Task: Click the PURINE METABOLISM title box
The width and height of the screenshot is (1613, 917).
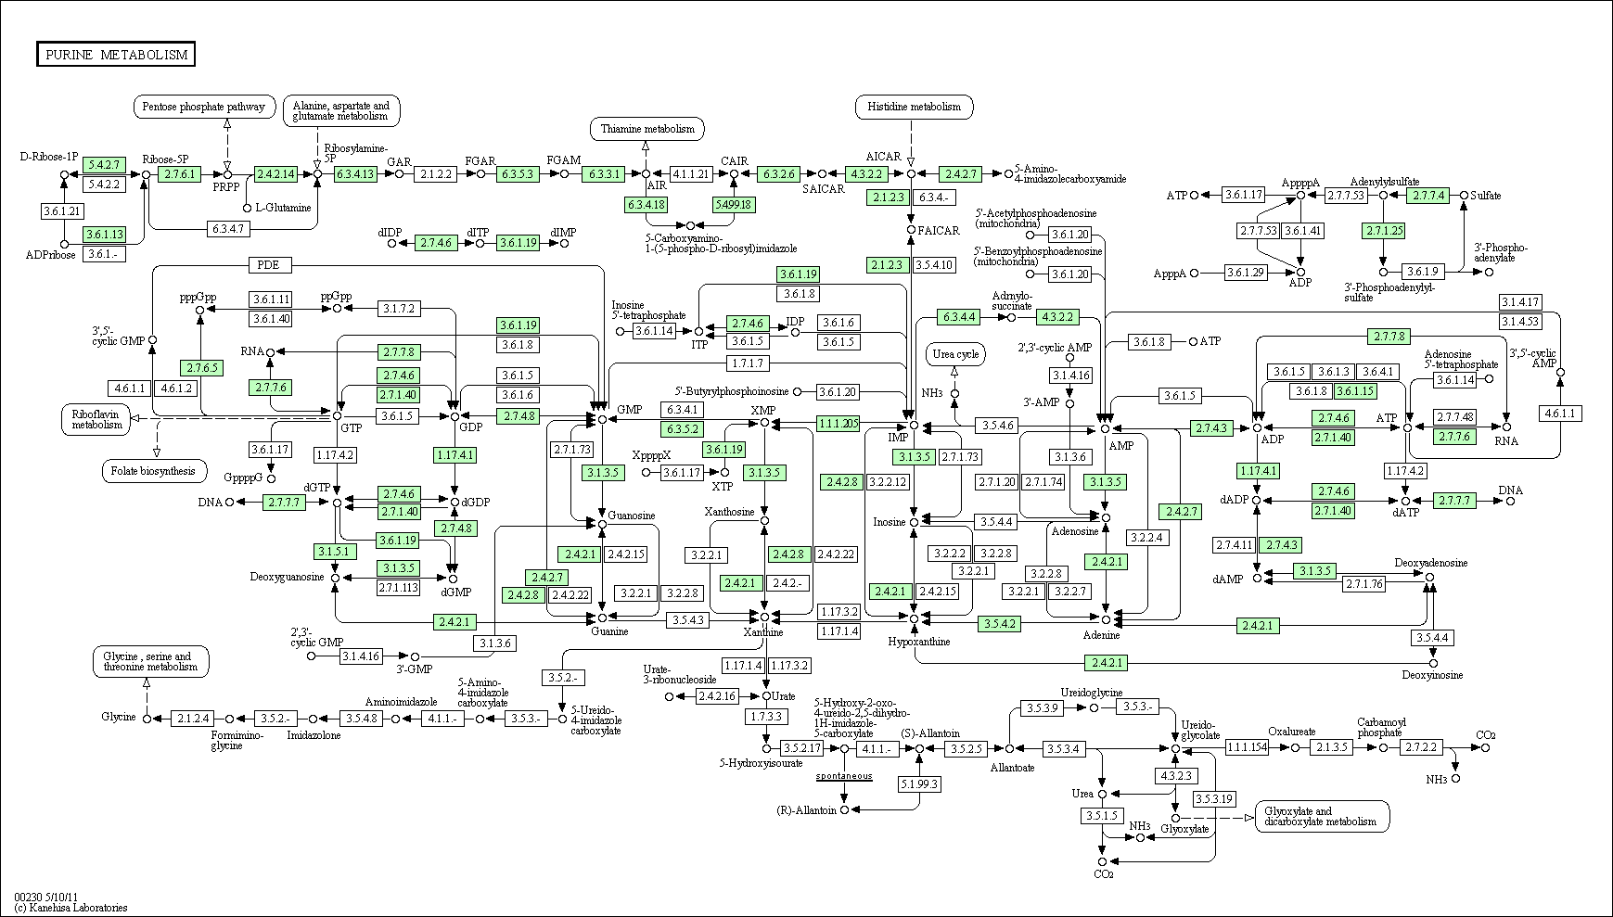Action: (x=116, y=55)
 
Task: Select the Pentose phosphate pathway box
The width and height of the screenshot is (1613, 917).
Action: (x=205, y=107)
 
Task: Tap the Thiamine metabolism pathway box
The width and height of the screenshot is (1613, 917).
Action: (x=646, y=129)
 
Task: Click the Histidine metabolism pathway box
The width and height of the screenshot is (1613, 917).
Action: (x=914, y=107)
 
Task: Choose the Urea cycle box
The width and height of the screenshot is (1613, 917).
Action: (x=955, y=354)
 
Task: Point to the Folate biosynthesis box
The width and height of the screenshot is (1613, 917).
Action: (x=154, y=471)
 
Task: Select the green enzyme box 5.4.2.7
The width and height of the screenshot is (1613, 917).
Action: (x=104, y=165)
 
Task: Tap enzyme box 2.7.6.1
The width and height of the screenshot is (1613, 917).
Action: (x=179, y=173)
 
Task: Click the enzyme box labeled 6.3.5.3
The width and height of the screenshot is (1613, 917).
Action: (x=518, y=173)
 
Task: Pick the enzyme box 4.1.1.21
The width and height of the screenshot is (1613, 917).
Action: (x=690, y=173)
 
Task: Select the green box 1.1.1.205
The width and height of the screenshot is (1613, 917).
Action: (x=839, y=424)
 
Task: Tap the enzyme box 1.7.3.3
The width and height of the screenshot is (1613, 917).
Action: (x=766, y=717)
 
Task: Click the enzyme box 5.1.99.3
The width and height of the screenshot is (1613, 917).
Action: (x=919, y=783)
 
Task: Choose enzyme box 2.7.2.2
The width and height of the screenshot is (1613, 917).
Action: (x=1421, y=747)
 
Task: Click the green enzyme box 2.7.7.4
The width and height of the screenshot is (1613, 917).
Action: (x=1428, y=196)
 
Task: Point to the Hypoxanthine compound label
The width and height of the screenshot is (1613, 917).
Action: (x=919, y=642)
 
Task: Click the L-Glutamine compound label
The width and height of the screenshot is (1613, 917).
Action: (x=284, y=208)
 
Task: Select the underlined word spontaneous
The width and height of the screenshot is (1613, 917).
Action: (x=844, y=775)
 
